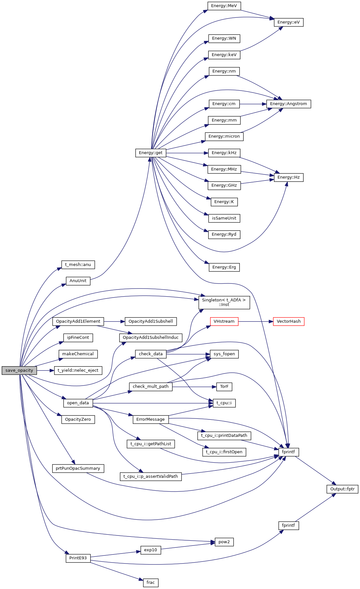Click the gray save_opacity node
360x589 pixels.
tap(19, 370)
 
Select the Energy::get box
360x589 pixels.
tap(151, 153)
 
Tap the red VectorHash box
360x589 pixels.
tap(288, 321)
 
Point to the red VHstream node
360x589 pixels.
tap(224, 321)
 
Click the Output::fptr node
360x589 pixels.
tap(342, 489)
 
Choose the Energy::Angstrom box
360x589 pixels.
tap(288, 104)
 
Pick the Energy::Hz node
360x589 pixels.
tap(288, 177)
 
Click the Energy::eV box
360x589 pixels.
tap(288, 22)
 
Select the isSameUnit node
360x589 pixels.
tap(224, 218)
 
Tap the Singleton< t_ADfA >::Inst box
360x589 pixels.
tap(224, 302)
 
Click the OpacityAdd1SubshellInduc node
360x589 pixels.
tap(151, 338)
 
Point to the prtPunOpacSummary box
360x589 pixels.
tap(78, 468)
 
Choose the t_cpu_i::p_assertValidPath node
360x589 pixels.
tap(151, 476)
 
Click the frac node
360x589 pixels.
tap(151, 583)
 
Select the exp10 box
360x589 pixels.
tap(151, 550)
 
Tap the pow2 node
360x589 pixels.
tap(224, 542)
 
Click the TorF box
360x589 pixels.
tap(224, 387)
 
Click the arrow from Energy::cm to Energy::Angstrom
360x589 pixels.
tap(253, 104)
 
